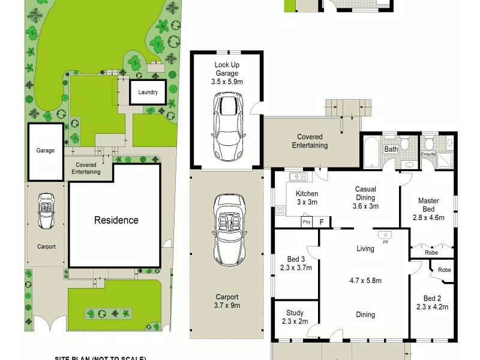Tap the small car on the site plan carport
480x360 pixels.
pos(46,211)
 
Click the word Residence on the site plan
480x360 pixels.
pos(116,220)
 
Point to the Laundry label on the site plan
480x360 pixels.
pos(148,92)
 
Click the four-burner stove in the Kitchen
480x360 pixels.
pos(280,210)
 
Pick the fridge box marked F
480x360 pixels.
pos(322,222)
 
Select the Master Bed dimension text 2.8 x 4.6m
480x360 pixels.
pos(428,217)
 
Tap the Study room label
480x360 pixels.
pos(295,313)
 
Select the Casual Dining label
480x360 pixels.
pos(365,193)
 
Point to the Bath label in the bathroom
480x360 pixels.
pos(391,149)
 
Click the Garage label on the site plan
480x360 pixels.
pos(45,151)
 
